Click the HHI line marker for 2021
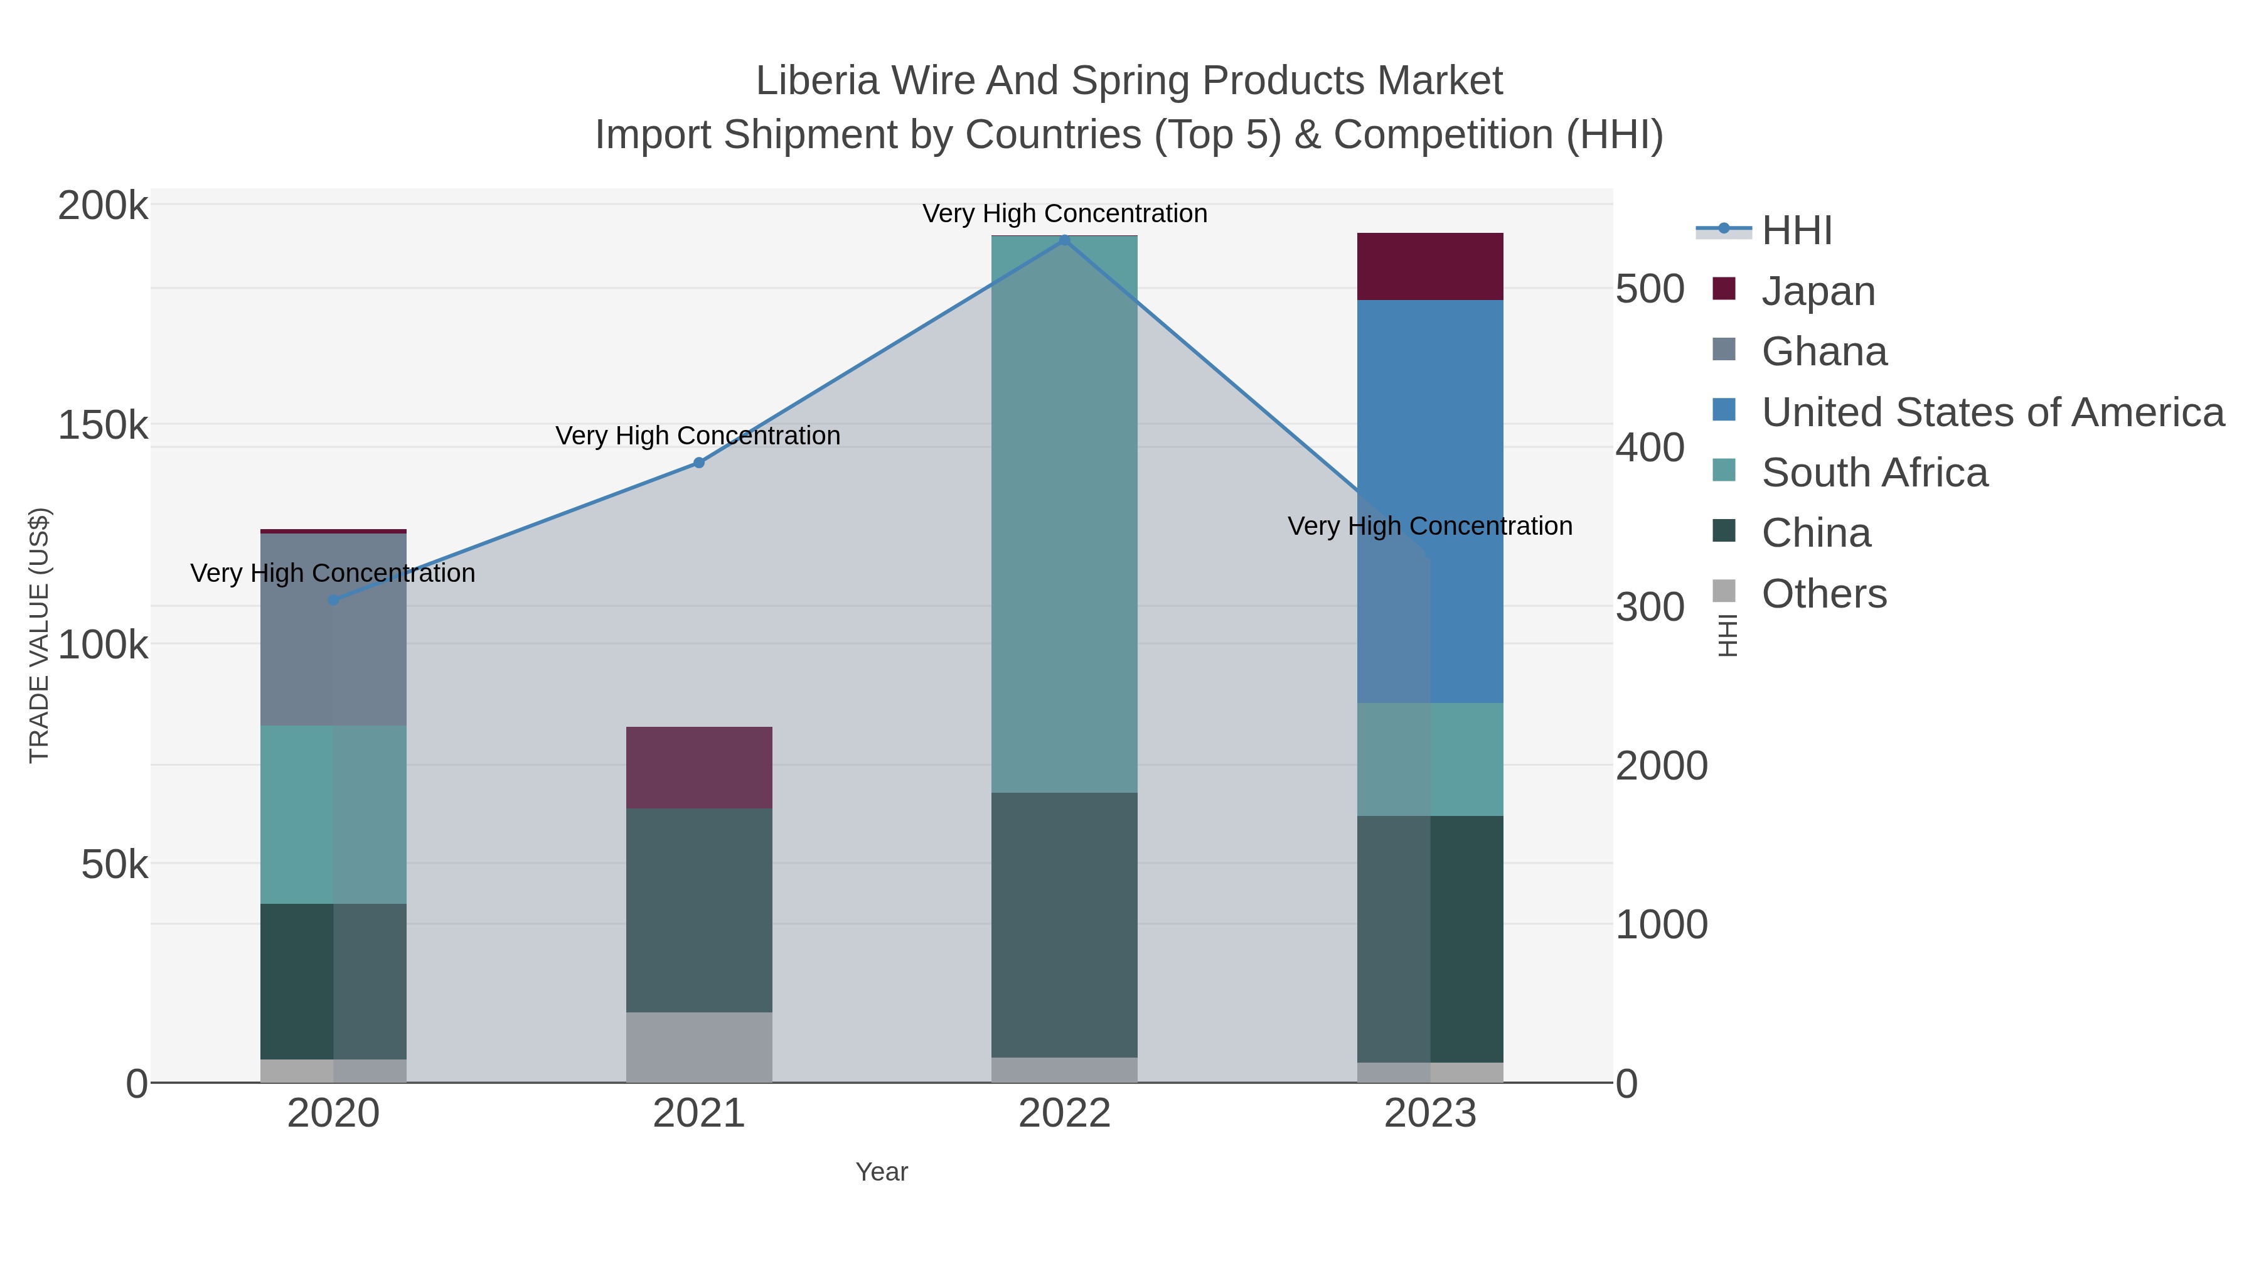(699, 462)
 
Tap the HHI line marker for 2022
(1065, 240)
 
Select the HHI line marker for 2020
(333, 600)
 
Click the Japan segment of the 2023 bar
(1430, 267)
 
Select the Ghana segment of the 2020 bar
(333, 628)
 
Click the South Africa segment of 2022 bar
(1065, 514)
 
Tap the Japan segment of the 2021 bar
(699, 768)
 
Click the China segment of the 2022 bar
(1065, 925)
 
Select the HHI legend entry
(1796, 231)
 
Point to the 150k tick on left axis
(103, 426)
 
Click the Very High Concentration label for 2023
(1429, 527)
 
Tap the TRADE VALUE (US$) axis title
(40, 635)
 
